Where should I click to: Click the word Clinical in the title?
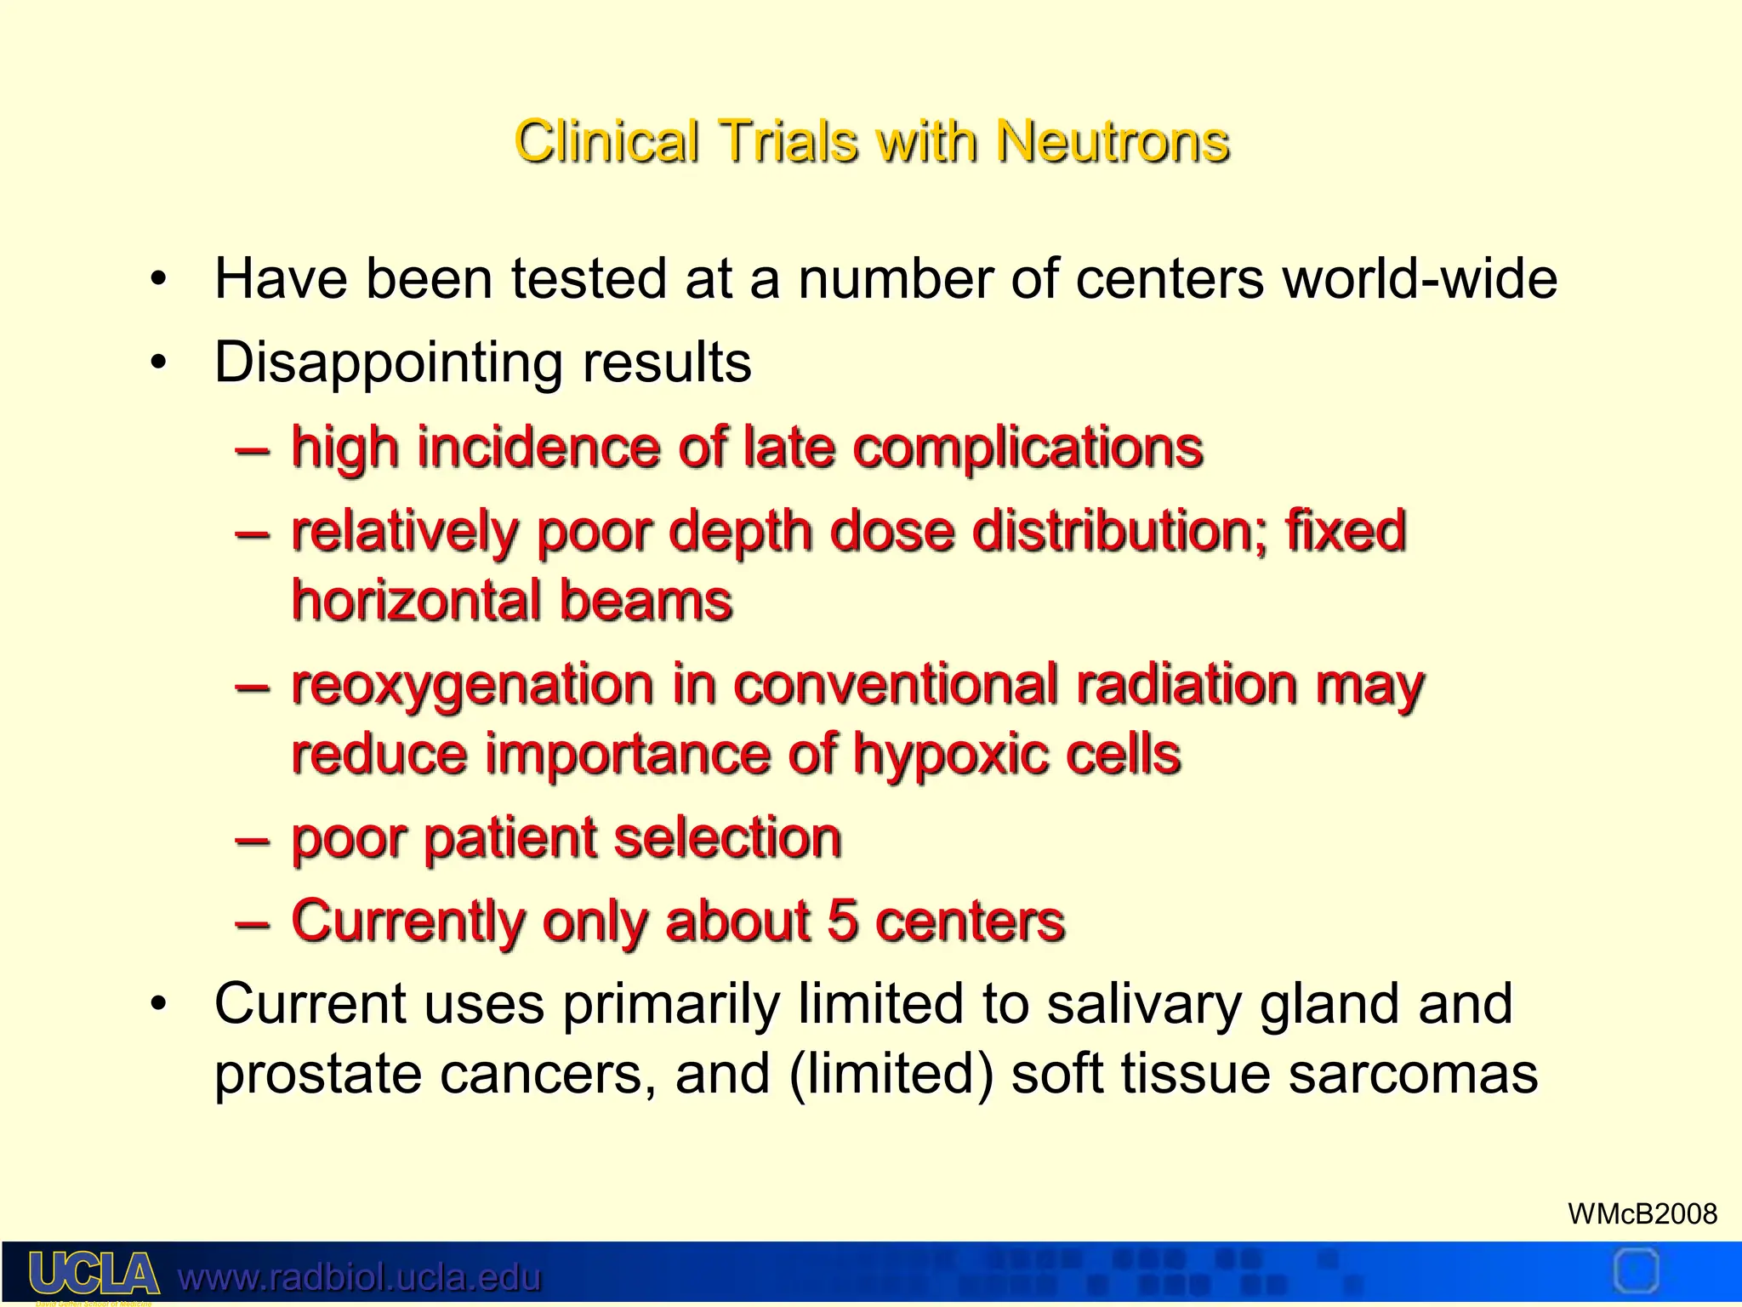tap(606, 141)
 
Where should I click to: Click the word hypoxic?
tap(949, 755)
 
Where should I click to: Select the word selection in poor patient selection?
tap(727, 838)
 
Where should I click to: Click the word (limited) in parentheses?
tap(891, 1074)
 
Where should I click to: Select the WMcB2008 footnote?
tap(1642, 1213)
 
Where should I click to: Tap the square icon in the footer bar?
tap(1635, 1272)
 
